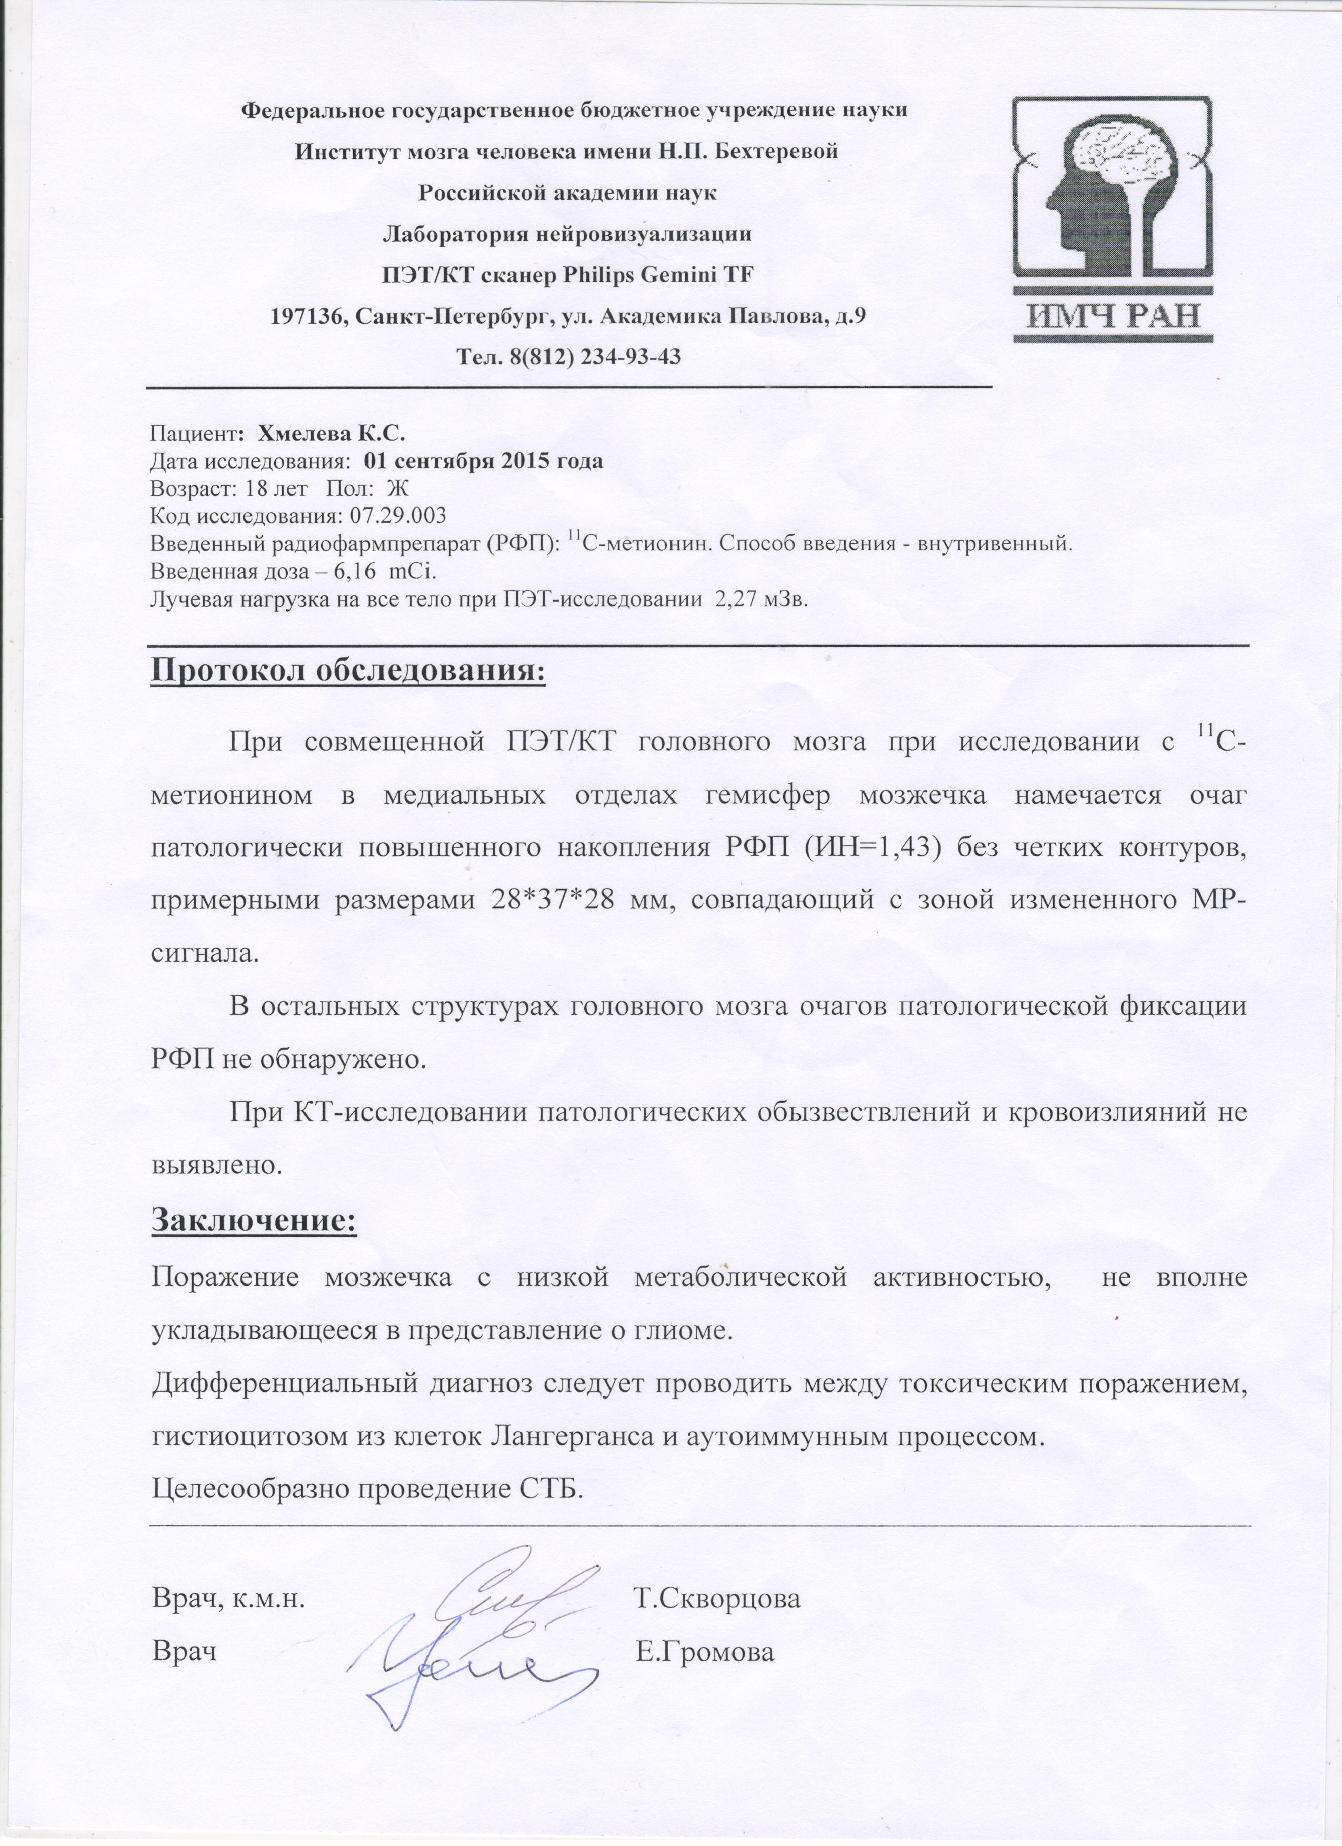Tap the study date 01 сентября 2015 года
(x=485, y=462)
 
